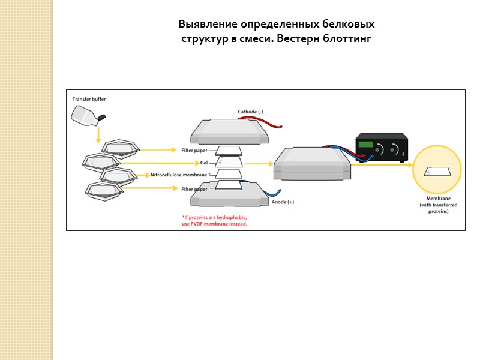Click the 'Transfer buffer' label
pyautogui.click(x=89, y=99)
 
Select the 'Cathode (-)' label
pyautogui.click(x=250, y=112)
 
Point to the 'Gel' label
pyautogui.click(x=203, y=163)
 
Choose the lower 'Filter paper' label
pyautogui.click(x=194, y=189)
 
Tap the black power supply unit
pyautogui.click(x=382, y=147)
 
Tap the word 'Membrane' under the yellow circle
pyautogui.click(x=439, y=199)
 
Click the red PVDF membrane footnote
pyautogui.click(x=214, y=220)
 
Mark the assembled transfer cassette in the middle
pyautogui.click(x=311, y=163)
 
